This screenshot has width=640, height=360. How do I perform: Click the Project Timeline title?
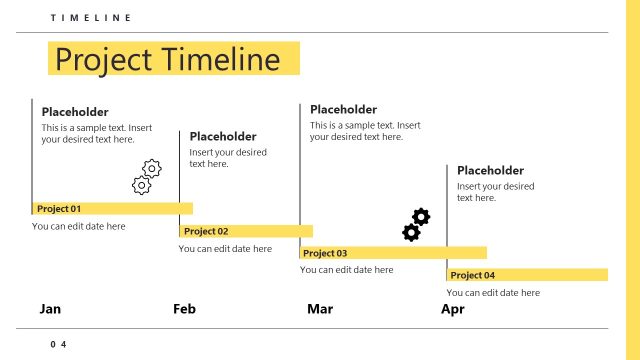[x=168, y=59]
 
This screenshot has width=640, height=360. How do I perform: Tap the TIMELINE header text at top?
[x=90, y=18]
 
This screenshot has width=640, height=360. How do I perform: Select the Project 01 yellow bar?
[x=112, y=209]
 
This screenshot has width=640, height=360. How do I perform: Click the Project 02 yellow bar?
[x=245, y=231]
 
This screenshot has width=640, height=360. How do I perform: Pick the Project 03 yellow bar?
[x=393, y=253]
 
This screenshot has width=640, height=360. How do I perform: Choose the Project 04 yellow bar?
[x=527, y=275]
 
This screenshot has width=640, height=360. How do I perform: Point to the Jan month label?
[x=50, y=309]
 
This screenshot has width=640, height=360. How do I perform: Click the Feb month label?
[x=184, y=309]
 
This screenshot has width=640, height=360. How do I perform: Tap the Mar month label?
[x=320, y=309]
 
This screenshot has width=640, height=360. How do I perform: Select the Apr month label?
[x=453, y=309]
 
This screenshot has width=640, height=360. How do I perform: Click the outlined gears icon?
[x=147, y=177]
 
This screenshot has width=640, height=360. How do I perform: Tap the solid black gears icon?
[x=416, y=225]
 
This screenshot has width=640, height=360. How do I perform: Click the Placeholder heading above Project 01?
[x=75, y=112]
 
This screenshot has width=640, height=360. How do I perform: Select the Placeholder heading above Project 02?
[x=223, y=136]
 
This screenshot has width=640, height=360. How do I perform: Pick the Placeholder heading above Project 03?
[x=343, y=109]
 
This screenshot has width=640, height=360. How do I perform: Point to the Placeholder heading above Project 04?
[x=490, y=170]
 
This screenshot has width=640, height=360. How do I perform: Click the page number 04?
[x=58, y=344]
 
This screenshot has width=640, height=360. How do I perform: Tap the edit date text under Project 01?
[x=79, y=227]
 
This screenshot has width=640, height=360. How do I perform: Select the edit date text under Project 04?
[x=493, y=293]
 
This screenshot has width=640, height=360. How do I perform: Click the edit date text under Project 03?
[x=347, y=270]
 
